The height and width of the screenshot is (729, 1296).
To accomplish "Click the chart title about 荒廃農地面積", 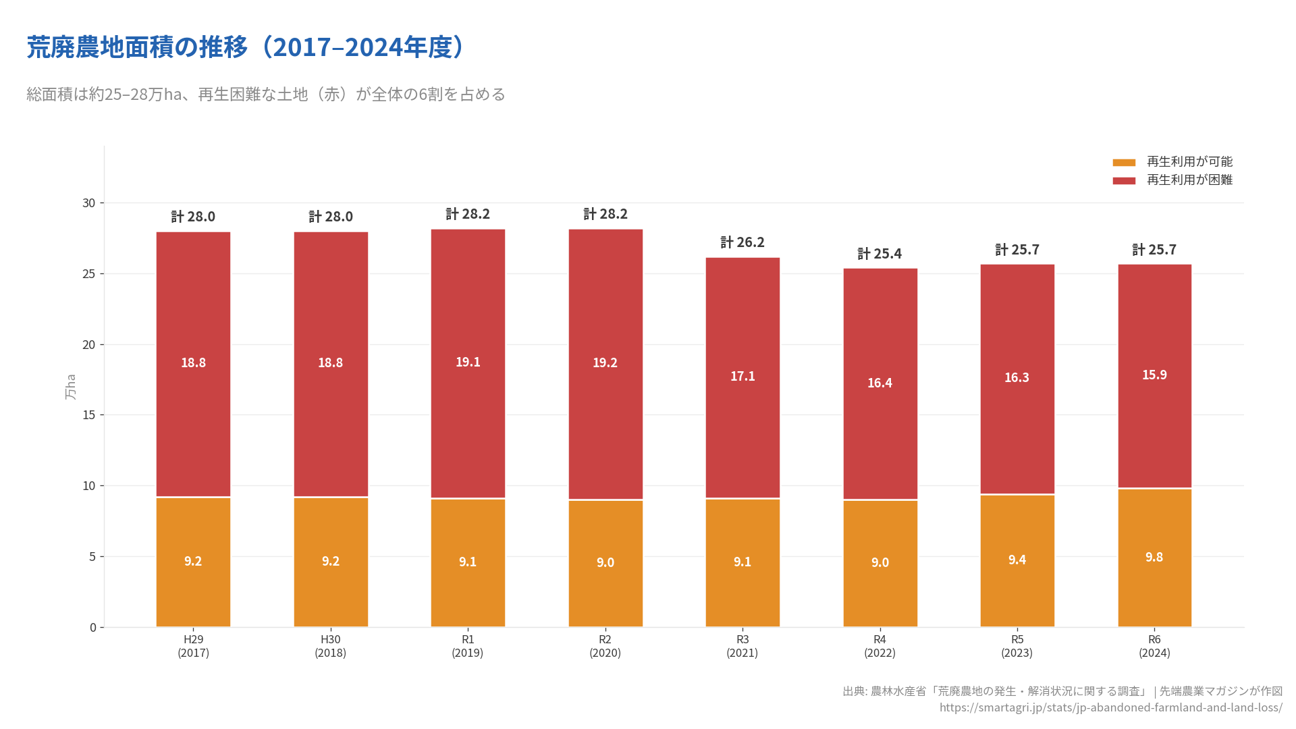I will click(x=246, y=47).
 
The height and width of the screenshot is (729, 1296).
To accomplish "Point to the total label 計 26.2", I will click(x=742, y=242).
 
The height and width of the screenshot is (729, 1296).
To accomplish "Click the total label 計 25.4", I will click(x=880, y=254).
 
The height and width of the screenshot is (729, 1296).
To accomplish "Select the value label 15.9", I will click(x=1154, y=375).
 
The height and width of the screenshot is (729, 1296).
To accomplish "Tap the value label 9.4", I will click(x=1017, y=560).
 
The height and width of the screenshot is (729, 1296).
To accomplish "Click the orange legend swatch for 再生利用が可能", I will click(x=1124, y=163).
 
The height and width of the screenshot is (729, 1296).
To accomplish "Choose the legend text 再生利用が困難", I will click(x=1189, y=180).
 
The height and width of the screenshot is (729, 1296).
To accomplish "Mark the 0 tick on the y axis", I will click(x=93, y=628).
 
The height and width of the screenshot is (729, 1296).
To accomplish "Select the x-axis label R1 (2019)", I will click(x=468, y=646).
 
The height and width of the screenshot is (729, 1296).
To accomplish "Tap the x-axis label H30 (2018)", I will click(x=330, y=646).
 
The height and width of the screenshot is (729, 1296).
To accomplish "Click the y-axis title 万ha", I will click(x=70, y=387).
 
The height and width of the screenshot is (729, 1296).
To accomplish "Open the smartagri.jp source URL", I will click(x=1110, y=707).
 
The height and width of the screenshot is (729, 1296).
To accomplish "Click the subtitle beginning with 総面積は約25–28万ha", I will click(x=266, y=94).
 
